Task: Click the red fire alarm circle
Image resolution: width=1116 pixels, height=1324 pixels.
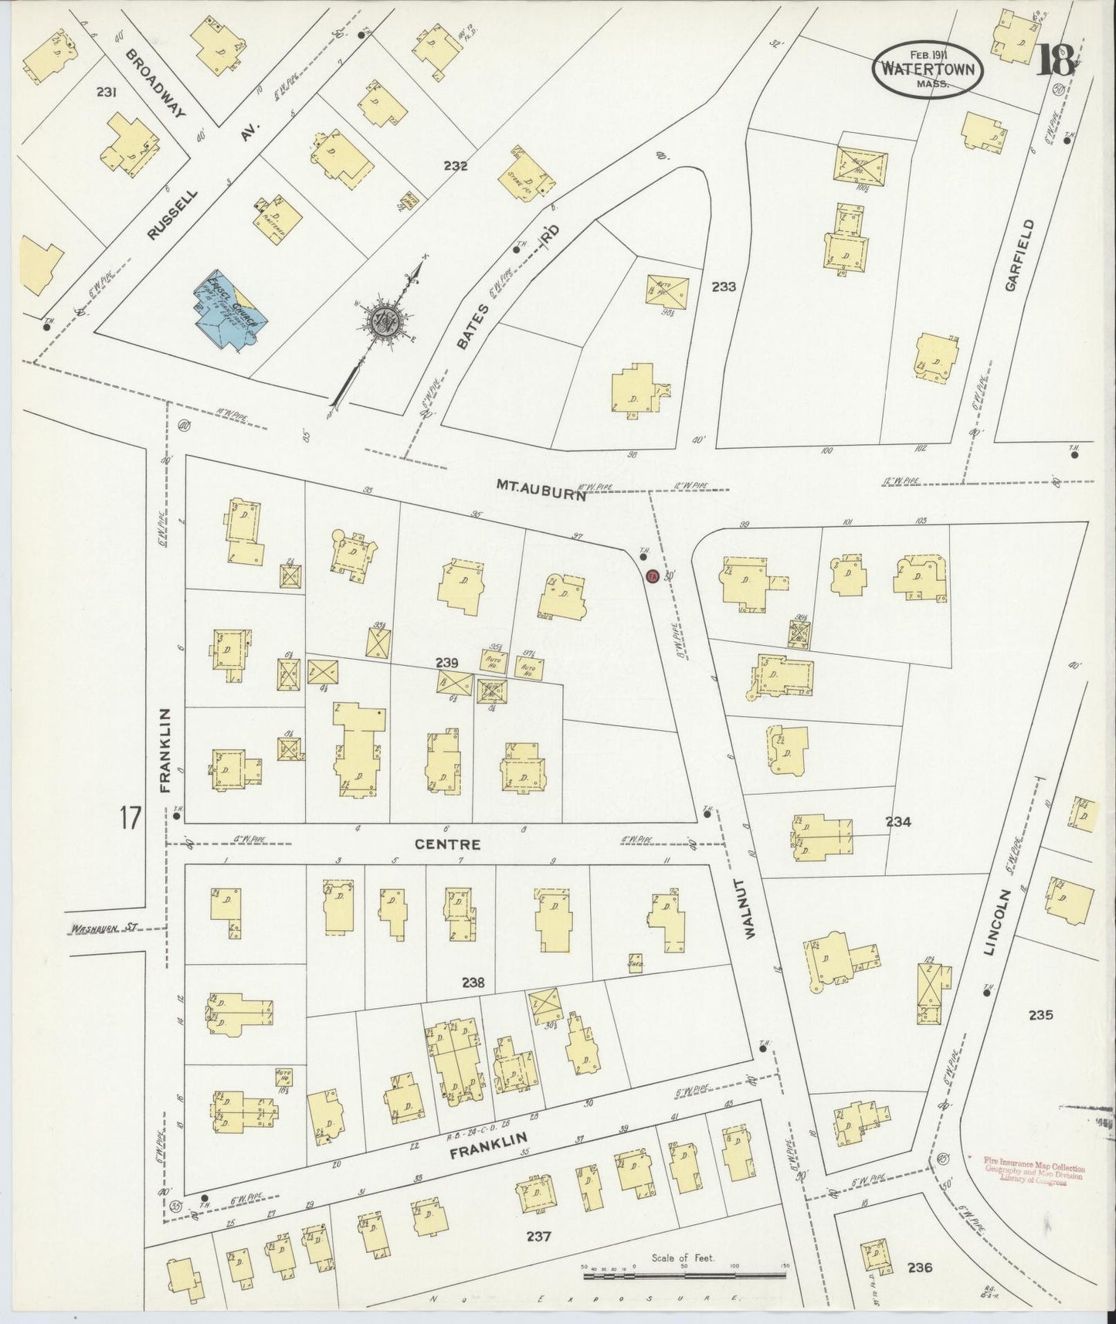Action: click(x=652, y=575)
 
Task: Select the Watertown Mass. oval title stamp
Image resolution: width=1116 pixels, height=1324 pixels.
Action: click(x=928, y=67)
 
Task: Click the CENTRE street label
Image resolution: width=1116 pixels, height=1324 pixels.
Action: click(x=447, y=844)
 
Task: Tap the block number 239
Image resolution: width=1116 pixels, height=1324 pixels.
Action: click(x=446, y=662)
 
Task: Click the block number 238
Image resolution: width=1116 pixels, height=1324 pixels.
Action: click(x=473, y=983)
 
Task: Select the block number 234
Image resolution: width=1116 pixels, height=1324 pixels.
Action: click(x=898, y=822)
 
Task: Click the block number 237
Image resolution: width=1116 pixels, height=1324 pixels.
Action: click(x=538, y=1237)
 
